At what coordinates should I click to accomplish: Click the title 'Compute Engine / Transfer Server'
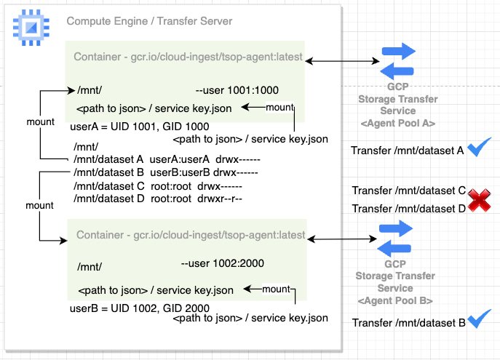[149, 21]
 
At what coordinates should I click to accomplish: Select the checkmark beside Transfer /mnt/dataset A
[479, 149]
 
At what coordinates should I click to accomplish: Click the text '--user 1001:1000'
[237, 91]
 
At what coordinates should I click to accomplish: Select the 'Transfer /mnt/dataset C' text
[408, 191]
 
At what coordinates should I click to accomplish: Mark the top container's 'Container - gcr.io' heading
[189, 57]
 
